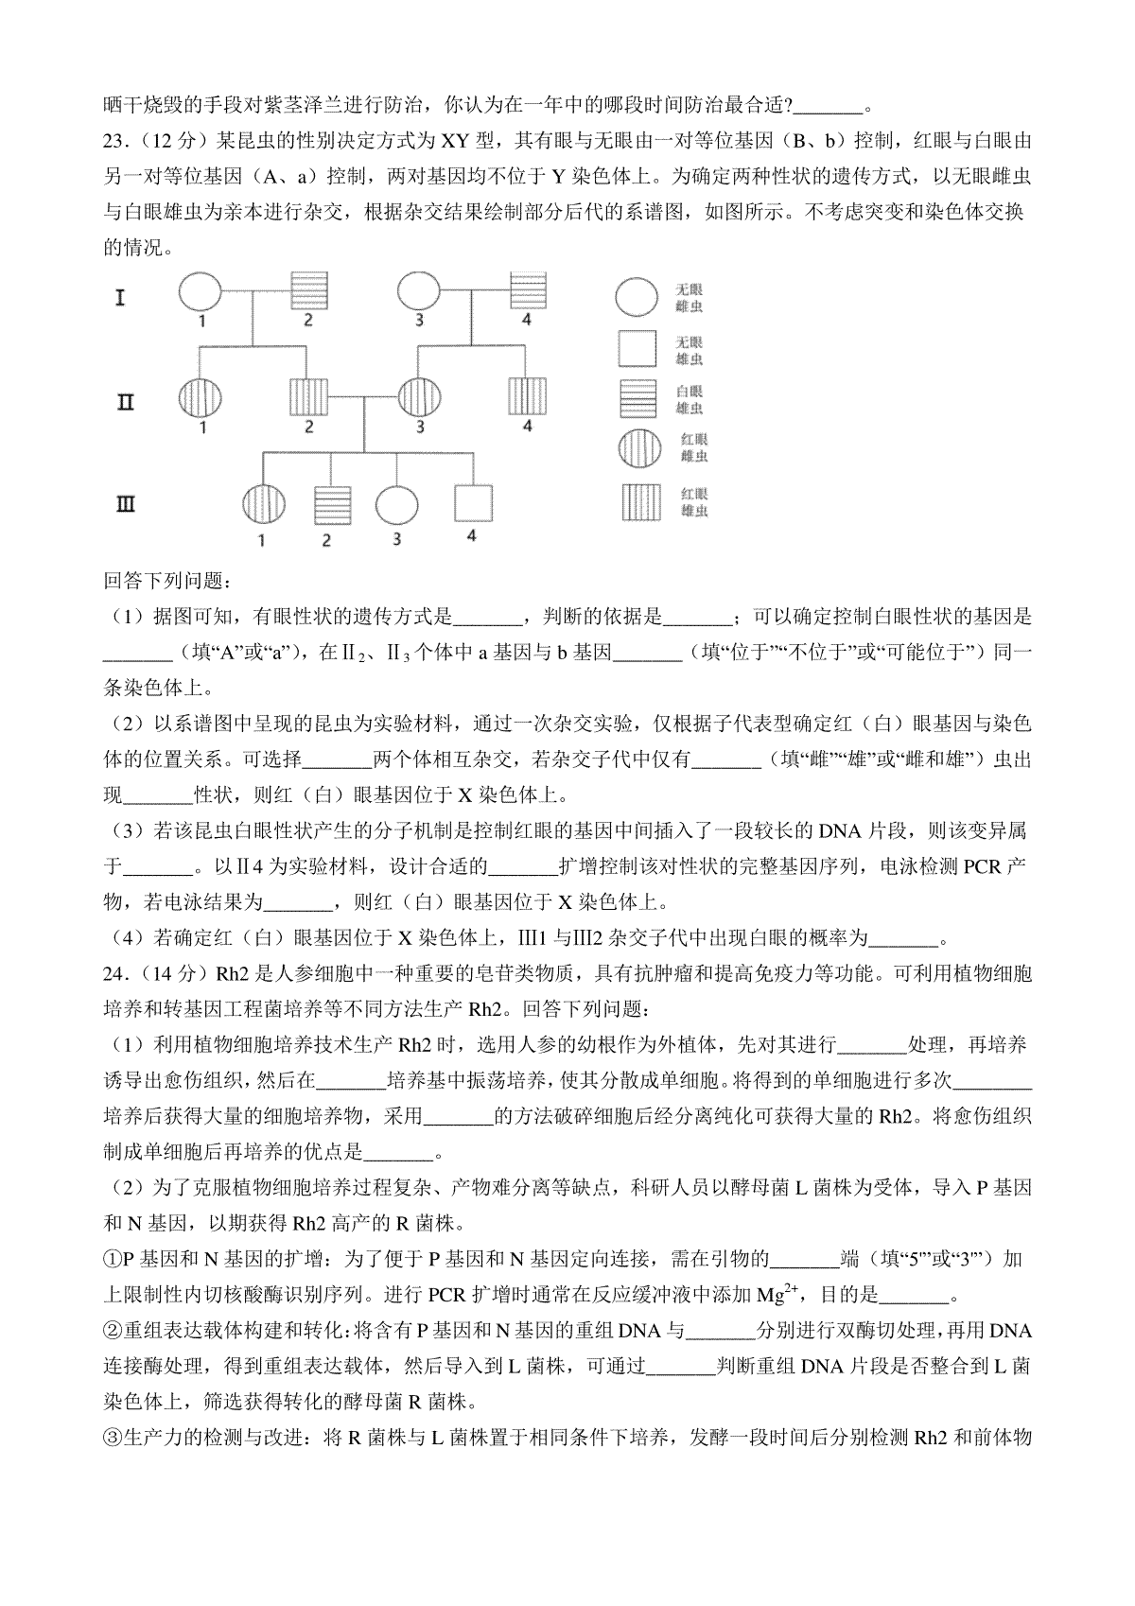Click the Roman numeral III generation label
click(125, 506)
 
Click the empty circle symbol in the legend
click(636, 297)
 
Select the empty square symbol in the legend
click(637, 349)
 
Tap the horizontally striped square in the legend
click(637, 399)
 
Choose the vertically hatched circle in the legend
click(637, 447)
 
